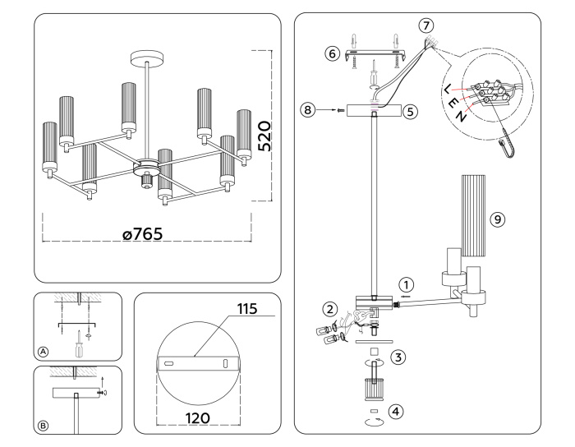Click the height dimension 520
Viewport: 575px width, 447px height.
tap(264, 135)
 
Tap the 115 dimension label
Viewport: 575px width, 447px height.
tap(246, 309)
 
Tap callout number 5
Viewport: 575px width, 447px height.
tap(411, 108)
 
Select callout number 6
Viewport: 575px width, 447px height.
tap(332, 53)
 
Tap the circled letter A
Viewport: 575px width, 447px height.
tap(43, 351)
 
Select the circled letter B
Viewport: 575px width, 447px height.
tap(43, 426)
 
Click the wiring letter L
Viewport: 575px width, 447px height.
tap(446, 88)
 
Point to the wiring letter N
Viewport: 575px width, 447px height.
tap(464, 116)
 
